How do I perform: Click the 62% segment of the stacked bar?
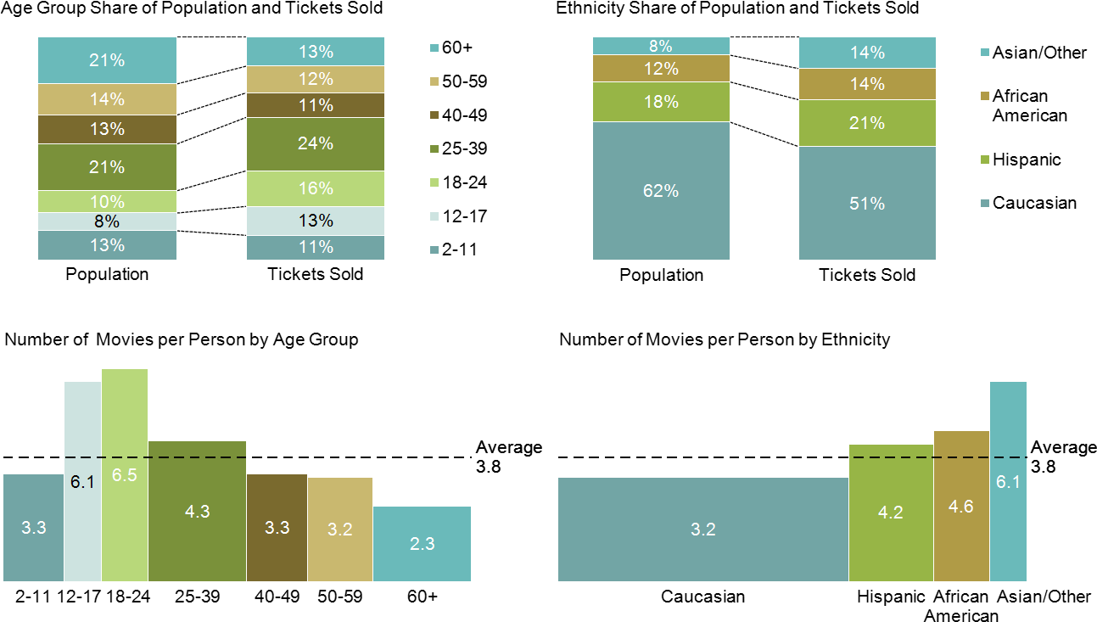(x=660, y=191)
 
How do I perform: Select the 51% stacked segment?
(x=867, y=203)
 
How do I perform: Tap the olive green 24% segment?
(x=315, y=144)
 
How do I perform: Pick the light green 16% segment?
(x=315, y=188)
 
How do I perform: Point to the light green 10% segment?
(x=107, y=201)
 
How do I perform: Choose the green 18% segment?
(x=660, y=102)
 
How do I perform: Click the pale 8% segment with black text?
(x=107, y=222)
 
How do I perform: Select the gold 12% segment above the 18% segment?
(x=660, y=69)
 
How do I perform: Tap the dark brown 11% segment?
(x=315, y=105)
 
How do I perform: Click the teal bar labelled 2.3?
(x=422, y=544)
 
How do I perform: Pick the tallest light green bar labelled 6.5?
(x=125, y=475)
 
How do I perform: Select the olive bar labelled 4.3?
(x=197, y=511)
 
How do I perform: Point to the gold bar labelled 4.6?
(x=960, y=506)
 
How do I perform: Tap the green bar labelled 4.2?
(x=890, y=513)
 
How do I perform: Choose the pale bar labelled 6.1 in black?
(x=82, y=482)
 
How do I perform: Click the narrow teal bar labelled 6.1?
(x=1007, y=481)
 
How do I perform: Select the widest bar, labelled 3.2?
(x=702, y=530)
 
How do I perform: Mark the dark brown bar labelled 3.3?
(x=277, y=527)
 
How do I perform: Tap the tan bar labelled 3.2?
(x=339, y=530)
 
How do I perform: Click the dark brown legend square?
(x=434, y=115)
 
